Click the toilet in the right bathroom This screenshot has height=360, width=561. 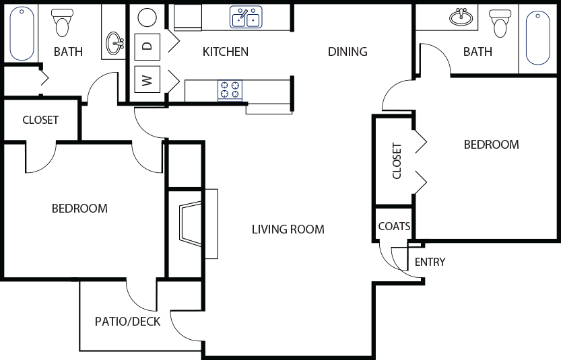pyautogui.click(x=500, y=24)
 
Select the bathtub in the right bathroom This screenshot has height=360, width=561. pyautogui.click(x=537, y=37)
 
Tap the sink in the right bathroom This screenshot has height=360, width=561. pyautogui.click(x=461, y=17)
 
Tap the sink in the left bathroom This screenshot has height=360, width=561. pyautogui.click(x=114, y=44)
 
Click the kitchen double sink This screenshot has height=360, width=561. pyautogui.click(x=246, y=17)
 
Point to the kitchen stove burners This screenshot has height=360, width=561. pyautogui.click(x=230, y=90)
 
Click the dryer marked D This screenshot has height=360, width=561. pyautogui.click(x=147, y=46)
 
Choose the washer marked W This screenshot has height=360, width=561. pyautogui.click(x=147, y=79)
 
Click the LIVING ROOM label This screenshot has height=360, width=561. pyautogui.click(x=288, y=229)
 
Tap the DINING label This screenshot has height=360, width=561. pyautogui.click(x=348, y=52)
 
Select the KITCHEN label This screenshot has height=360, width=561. pyautogui.click(x=226, y=52)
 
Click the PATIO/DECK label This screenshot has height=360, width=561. pyautogui.click(x=127, y=322)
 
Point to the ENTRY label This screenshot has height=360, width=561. pyautogui.click(x=430, y=262)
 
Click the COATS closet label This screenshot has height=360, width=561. pyautogui.click(x=393, y=227)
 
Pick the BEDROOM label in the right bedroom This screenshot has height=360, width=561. pyautogui.click(x=491, y=145)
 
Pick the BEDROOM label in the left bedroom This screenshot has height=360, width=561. pyautogui.click(x=79, y=209)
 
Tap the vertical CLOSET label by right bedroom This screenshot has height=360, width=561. pyautogui.click(x=397, y=161)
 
